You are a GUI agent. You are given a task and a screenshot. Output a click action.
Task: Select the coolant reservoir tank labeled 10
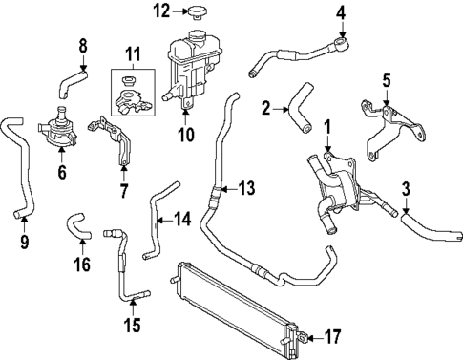(x=187, y=66)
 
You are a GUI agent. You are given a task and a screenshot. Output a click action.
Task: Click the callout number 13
(x=247, y=188)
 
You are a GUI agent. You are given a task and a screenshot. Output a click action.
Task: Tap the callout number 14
(x=182, y=219)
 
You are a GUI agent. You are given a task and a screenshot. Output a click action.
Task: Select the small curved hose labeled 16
(x=76, y=228)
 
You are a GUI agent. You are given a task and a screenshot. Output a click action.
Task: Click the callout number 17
(x=333, y=336)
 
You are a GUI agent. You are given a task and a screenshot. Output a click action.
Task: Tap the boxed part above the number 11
(x=133, y=88)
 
